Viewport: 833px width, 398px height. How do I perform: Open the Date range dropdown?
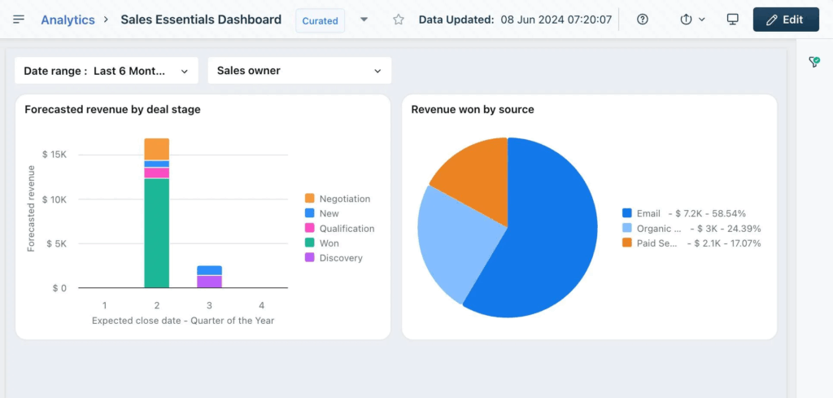click(106, 71)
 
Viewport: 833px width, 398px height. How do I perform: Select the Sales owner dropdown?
click(299, 71)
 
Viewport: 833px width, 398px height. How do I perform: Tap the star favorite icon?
click(399, 20)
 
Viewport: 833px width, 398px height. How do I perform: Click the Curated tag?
click(320, 20)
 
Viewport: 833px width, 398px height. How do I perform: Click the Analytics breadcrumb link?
click(68, 20)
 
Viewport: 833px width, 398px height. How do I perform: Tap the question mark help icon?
click(643, 20)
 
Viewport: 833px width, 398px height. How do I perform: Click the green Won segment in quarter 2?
click(156, 233)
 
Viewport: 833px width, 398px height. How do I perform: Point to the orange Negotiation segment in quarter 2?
click(156, 149)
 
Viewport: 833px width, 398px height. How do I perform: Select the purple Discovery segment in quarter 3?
click(209, 282)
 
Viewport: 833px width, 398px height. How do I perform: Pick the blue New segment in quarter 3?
click(209, 270)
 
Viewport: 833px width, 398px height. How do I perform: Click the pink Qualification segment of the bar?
click(156, 173)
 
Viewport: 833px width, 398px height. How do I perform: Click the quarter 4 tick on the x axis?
click(261, 305)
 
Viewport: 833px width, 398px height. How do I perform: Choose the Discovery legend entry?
click(340, 258)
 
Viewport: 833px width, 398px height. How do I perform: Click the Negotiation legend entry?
click(344, 199)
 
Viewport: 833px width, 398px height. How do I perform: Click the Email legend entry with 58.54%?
click(683, 213)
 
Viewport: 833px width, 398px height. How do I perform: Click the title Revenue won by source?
click(472, 109)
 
